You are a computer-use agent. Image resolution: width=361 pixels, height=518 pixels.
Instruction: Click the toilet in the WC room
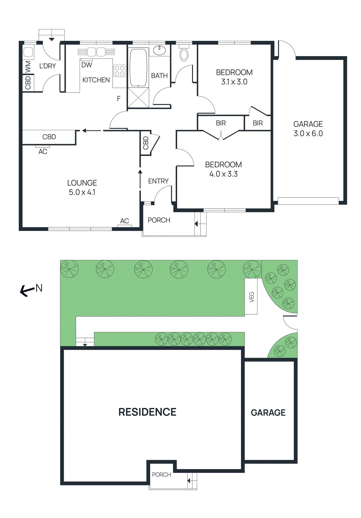tap(184, 54)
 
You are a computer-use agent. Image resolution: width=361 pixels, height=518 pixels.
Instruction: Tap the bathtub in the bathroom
tap(138, 67)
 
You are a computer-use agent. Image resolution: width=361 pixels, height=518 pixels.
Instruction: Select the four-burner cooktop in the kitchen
tap(119, 71)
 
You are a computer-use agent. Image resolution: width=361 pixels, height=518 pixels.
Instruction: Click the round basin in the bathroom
tap(159, 51)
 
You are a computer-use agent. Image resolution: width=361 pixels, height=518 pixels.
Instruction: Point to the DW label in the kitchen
tap(87, 65)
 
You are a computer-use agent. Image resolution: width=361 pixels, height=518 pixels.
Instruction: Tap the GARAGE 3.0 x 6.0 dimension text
tap(308, 133)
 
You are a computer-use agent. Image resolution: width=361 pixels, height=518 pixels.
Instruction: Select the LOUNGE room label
tap(82, 183)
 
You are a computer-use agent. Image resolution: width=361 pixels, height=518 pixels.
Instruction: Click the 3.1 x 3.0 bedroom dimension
tap(234, 82)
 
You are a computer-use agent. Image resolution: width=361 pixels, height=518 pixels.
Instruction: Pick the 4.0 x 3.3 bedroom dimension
tap(223, 174)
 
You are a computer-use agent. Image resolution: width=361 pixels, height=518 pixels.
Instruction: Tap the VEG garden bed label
tap(252, 297)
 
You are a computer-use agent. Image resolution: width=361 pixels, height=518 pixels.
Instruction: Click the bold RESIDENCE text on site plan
tap(147, 412)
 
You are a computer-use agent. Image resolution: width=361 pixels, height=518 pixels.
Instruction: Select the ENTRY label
tap(158, 181)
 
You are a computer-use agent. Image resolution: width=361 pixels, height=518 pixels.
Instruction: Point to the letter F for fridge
tap(119, 98)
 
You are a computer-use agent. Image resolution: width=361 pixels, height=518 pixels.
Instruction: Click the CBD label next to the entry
tap(146, 143)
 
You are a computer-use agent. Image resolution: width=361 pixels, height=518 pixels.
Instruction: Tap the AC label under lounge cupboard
tap(43, 152)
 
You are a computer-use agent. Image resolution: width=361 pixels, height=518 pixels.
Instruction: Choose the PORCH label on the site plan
tap(161, 475)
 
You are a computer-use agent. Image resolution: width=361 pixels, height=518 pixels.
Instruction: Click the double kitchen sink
tap(96, 52)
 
